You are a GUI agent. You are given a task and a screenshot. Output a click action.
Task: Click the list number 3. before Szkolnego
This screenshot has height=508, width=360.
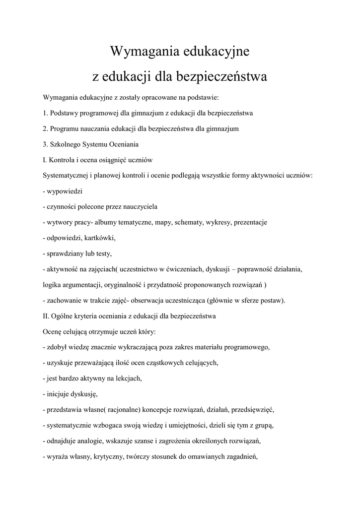46,144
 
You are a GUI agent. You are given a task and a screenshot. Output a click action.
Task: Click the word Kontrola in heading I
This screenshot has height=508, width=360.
66,160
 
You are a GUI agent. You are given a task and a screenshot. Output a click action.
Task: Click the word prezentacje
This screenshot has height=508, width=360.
250,222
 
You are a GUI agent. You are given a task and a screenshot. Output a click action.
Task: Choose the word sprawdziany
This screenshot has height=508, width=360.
67,254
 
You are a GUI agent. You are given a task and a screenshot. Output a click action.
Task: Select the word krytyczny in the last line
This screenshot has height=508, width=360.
108,457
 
